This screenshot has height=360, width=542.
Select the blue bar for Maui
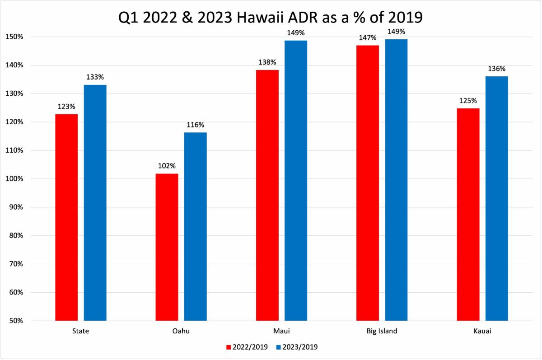295,181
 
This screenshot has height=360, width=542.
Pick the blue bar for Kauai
496,199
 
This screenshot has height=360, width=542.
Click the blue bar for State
95,203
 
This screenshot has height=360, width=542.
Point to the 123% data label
66,107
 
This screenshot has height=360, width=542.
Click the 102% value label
167,166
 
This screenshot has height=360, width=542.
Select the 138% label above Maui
267,62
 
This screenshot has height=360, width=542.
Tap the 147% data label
367,37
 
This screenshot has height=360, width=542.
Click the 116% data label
195,125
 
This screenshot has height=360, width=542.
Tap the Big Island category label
382,331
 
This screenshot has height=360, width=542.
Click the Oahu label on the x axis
181,331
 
